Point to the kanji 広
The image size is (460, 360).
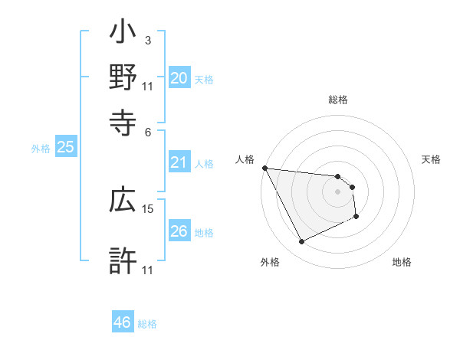pos(123,201)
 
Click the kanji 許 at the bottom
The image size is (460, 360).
pos(123,261)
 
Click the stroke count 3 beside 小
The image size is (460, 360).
pos(147,40)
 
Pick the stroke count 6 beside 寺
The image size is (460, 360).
pos(147,132)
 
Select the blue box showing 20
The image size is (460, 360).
pos(179,78)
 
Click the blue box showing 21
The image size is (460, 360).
pos(179,162)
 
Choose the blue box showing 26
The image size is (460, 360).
pos(179,231)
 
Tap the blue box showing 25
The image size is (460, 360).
pos(65,148)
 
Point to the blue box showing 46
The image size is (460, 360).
pos(123,322)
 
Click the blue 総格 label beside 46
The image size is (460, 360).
pos(147,324)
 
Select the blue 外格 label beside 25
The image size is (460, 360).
pos(41,149)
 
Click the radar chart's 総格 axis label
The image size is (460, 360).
pos(338,100)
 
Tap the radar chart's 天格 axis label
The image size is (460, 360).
pos(431,159)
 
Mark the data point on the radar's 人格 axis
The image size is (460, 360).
pos(264,168)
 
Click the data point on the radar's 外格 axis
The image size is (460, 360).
pos(301,242)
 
